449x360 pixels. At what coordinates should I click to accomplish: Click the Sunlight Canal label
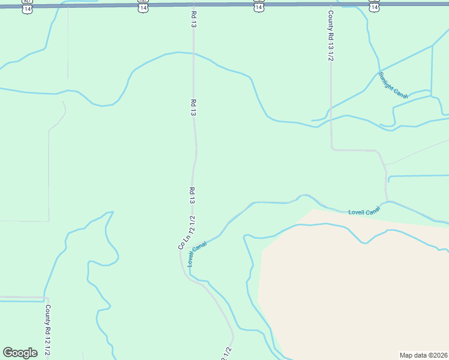click(394, 88)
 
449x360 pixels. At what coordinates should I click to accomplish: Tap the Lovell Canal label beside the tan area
click(364, 211)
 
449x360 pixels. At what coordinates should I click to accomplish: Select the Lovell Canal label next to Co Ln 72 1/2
click(196, 254)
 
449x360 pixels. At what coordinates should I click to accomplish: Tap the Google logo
click(20, 353)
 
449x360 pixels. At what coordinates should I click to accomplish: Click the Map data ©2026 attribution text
click(423, 355)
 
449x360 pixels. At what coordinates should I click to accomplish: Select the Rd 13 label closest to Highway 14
click(193, 19)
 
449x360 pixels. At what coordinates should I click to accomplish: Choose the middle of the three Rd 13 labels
click(193, 108)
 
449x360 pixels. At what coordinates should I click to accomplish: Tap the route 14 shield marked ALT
click(27, 6)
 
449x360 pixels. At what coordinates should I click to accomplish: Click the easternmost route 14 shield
click(374, 6)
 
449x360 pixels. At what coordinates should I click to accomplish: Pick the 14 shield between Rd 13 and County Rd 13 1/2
click(258, 6)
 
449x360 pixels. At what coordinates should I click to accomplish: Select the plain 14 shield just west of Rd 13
click(142, 6)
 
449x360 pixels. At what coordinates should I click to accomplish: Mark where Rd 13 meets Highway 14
click(193, 4)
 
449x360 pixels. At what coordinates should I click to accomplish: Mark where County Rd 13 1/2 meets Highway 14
click(330, 4)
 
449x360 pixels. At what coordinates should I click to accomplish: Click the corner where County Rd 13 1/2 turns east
click(332, 149)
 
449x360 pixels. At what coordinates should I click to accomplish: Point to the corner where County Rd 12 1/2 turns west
click(47, 298)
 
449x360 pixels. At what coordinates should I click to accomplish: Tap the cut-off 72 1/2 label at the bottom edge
click(227, 353)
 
